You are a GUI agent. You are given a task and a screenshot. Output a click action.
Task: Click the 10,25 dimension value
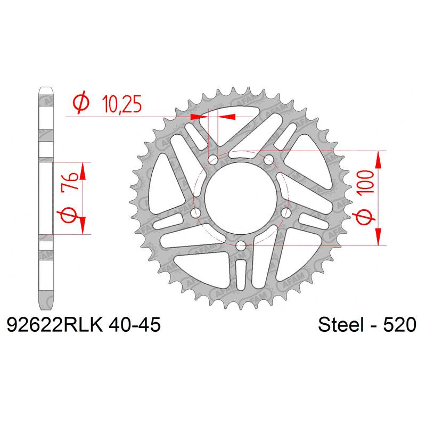pos(122,104)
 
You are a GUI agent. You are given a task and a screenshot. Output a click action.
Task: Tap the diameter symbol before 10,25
pos(81,102)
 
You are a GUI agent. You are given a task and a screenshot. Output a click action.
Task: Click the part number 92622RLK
pos(55,325)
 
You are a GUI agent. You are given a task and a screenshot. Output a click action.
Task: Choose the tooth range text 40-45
pos(135,325)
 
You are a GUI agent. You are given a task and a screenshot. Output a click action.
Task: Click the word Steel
pos(341,325)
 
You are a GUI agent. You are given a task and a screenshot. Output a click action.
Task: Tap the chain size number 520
pos(399,325)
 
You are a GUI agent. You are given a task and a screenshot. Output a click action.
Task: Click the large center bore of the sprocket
pos(241,198)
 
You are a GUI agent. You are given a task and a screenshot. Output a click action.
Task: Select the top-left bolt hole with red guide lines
pos(213,160)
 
